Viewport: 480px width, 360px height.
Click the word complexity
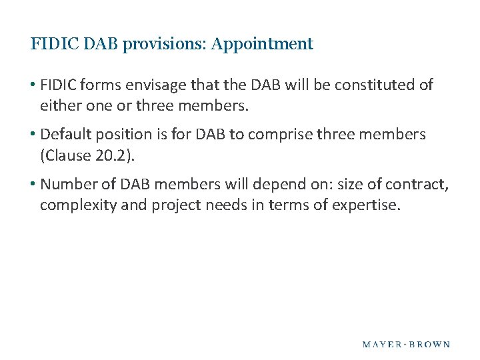coord(78,205)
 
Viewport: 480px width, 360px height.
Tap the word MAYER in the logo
coord(381,345)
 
